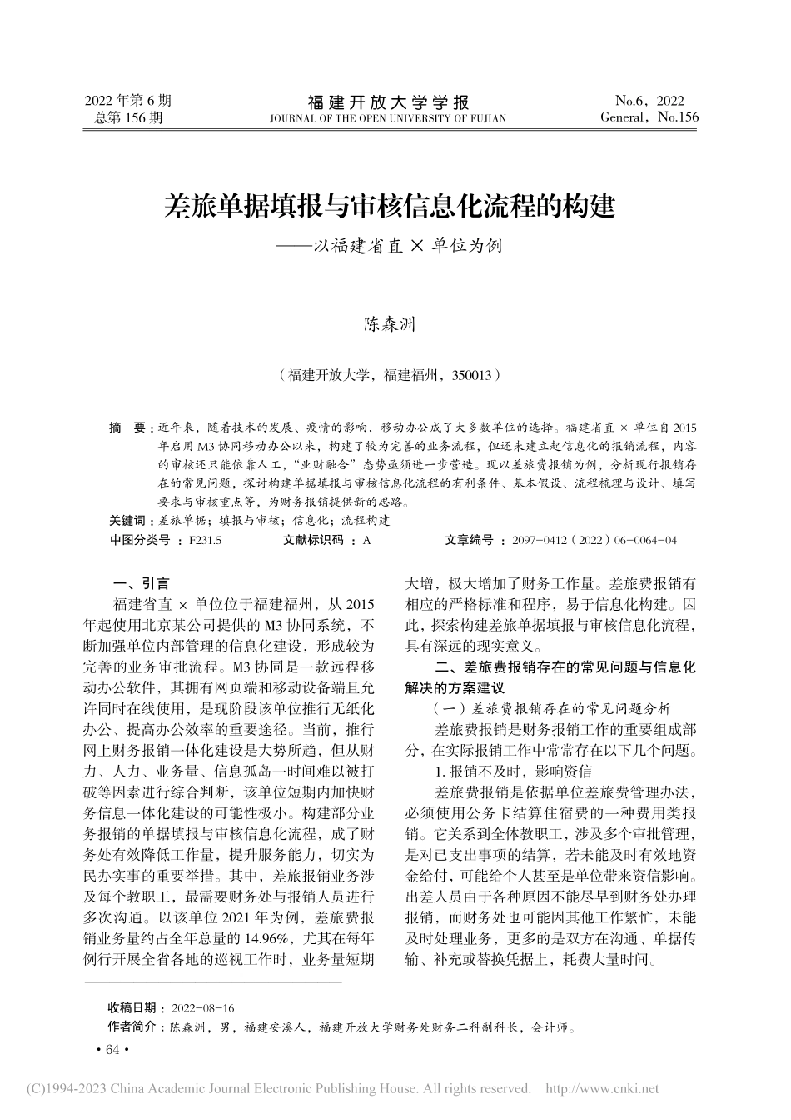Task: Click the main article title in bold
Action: coord(391,205)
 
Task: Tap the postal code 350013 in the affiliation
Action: coord(472,376)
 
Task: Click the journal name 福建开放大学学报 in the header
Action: coord(389,102)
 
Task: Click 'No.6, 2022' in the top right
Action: coord(649,101)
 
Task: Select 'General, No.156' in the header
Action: coord(649,117)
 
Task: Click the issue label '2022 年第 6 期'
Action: coord(128,101)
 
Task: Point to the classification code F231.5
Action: coord(205,541)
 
